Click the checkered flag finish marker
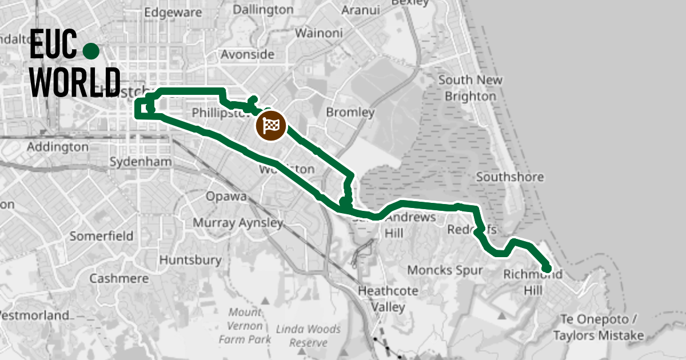(271, 125)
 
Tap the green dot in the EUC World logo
(90, 51)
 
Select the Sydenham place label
(140, 162)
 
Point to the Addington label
(58, 147)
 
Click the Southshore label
(509, 177)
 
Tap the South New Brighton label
(470, 88)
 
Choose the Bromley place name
(350, 113)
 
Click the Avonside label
(248, 55)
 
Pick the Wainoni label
(318, 33)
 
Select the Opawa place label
(226, 197)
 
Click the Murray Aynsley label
(237, 222)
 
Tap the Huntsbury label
(190, 260)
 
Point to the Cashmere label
(119, 279)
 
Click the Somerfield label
(101, 235)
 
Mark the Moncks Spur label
(445, 270)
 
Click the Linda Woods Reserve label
(308, 336)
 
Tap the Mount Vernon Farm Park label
(245, 326)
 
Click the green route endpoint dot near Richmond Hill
(547, 268)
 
